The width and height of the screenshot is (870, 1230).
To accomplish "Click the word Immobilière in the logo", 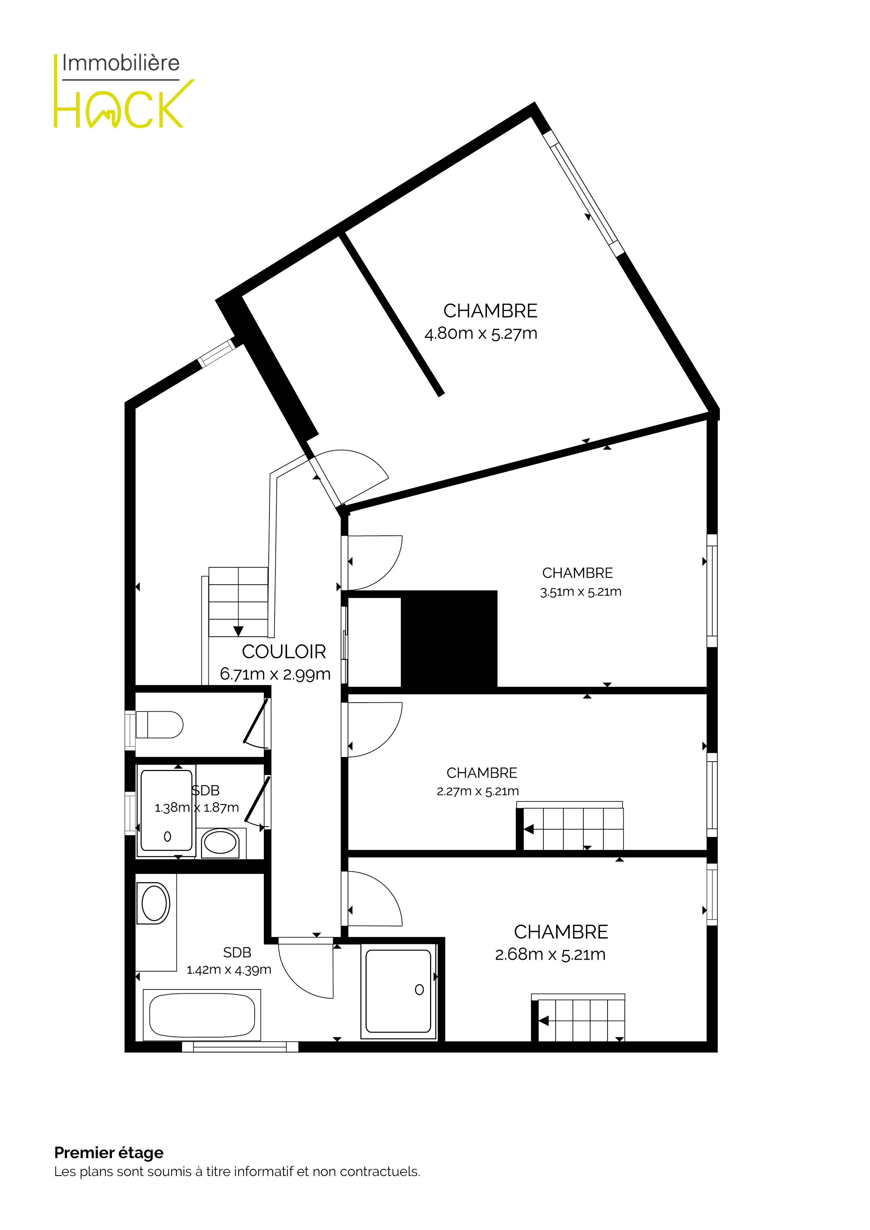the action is (x=121, y=63).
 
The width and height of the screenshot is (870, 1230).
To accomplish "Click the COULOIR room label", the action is (x=283, y=651).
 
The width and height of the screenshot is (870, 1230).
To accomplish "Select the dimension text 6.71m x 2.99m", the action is (x=275, y=674).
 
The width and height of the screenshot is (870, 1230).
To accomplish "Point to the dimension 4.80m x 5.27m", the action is (x=481, y=333).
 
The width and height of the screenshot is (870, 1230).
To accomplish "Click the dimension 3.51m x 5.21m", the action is (x=581, y=592).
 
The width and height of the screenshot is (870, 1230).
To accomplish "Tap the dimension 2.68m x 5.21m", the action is (x=550, y=954).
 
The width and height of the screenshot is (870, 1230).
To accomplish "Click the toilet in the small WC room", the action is (x=159, y=725).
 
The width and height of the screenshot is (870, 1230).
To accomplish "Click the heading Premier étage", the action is (x=109, y=1153).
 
